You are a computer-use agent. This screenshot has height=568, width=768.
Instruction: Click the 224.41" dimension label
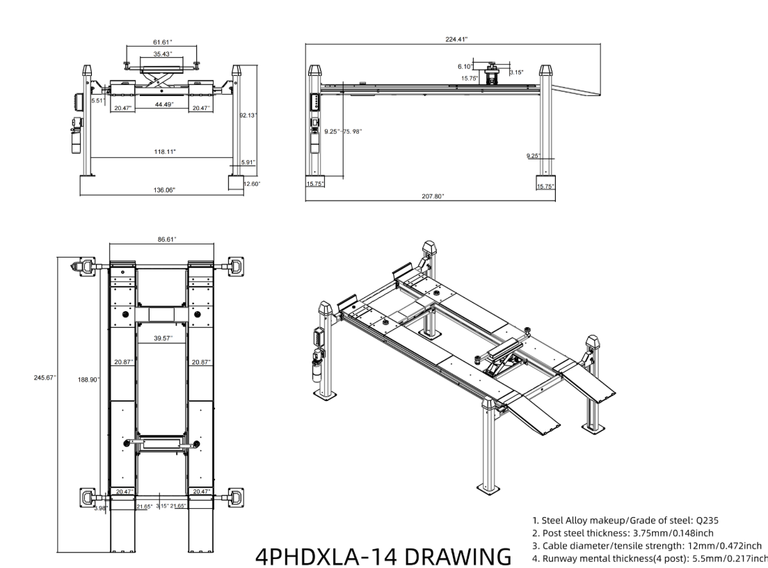456,40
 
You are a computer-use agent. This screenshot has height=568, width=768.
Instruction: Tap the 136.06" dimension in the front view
164,190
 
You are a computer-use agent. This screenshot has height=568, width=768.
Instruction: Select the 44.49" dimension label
163,104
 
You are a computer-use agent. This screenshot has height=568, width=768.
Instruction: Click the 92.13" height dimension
248,116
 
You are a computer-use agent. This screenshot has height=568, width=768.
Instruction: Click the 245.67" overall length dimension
45,378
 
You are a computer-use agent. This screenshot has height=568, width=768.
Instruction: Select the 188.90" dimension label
89,379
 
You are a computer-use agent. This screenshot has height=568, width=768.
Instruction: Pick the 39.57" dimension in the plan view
164,338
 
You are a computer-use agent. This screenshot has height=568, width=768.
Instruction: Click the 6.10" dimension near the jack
464,66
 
